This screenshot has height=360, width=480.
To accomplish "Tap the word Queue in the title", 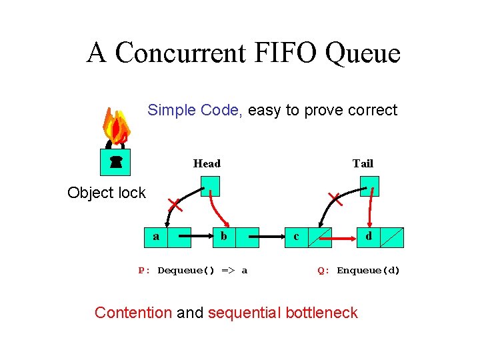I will pyautogui.click(x=363, y=53).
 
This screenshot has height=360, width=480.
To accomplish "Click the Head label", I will pyautogui.click(x=207, y=163).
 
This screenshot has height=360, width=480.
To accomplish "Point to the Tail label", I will pyautogui.click(x=363, y=163).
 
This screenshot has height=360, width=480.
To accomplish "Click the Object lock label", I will pyautogui.click(x=107, y=193).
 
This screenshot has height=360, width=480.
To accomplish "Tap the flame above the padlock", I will pyautogui.click(x=117, y=127).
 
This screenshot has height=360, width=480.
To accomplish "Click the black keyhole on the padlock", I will pyautogui.click(x=117, y=161).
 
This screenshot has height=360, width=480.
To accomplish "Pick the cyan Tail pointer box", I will pyautogui.click(x=369, y=186).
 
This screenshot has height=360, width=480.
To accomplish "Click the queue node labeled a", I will pyautogui.click(x=167, y=237).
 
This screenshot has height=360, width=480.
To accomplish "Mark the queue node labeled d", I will pyautogui.click(x=379, y=237).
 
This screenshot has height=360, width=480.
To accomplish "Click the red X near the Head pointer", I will pyautogui.click(x=175, y=203).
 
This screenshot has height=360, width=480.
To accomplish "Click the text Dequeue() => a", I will pyautogui.click(x=202, y=271).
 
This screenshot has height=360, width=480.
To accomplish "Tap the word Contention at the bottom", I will pyautogui.click(x=133, y=313).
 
